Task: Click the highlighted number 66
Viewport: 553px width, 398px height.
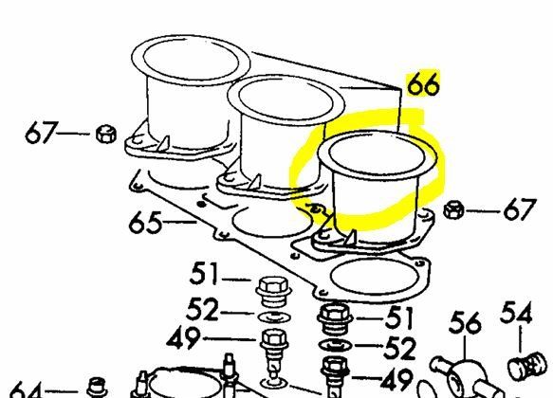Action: pos(423,84)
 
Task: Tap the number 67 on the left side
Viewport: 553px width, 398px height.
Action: pos(42,133)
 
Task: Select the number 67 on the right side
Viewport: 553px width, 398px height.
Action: pos(520,210)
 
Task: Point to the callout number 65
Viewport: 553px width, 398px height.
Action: pos(145,223)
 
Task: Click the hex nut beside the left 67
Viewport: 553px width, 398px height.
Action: pos(106,134)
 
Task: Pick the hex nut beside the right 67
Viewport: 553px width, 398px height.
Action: pos(453,209)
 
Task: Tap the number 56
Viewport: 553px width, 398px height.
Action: pos(465,323)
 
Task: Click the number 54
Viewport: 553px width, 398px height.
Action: pos(516,313)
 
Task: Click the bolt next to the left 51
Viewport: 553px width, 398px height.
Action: pos(273,291)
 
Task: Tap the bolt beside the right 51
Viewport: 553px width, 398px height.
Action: pos(335,318)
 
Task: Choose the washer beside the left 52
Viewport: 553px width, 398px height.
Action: pos(274,317)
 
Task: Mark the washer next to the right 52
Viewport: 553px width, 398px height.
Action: pos(336,346)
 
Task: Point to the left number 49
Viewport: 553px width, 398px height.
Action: pos(184,338)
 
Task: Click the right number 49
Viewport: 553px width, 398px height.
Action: pos(396,379)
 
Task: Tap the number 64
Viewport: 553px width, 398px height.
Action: pos(24,389)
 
